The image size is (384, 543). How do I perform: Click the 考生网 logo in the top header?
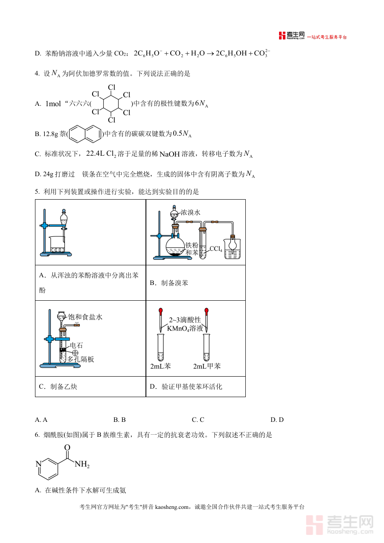click(x=292, y=36)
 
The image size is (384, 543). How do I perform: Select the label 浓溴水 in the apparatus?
click(x=190, y=212)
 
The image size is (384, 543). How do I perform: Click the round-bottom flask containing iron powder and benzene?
click(x=175, y=246)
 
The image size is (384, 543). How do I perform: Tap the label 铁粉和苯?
click(x=192, y=249)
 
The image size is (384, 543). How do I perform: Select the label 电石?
click(x=76, y=345)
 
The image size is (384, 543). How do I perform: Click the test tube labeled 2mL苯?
click(x=160, y=348)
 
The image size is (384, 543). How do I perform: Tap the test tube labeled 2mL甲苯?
click(x=207, y=348)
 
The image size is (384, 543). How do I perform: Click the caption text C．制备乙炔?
click(x=58, y=387)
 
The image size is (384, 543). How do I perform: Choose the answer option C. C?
click(x=198, y=420)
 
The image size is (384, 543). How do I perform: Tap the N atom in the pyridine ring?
click(x=38, y=464)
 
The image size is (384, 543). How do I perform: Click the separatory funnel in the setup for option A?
click(x=64, y=220)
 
